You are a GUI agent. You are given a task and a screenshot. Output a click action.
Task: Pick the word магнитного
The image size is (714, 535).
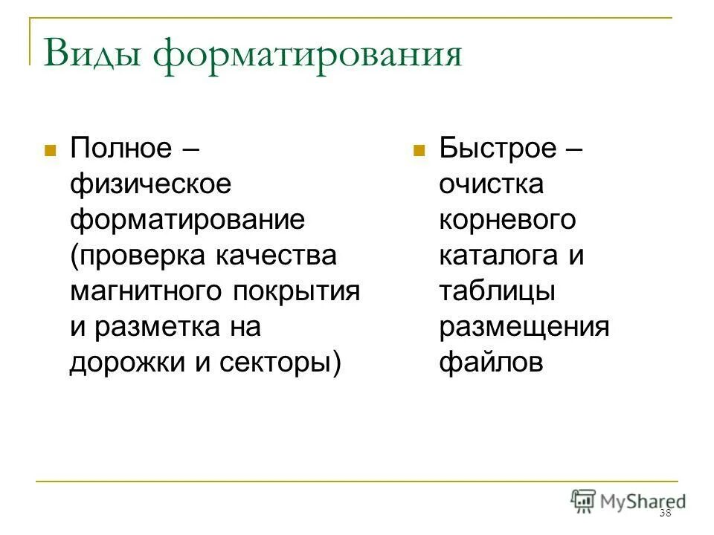(146, 291)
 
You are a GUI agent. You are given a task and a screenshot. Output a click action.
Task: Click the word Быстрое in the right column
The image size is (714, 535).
(498, 147)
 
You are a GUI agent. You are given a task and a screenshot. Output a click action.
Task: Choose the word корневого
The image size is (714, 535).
(508, 219)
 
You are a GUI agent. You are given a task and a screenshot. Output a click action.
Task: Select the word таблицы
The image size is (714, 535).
(497, 291)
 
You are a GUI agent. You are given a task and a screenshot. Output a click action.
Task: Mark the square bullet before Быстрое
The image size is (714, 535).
(419, 149)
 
